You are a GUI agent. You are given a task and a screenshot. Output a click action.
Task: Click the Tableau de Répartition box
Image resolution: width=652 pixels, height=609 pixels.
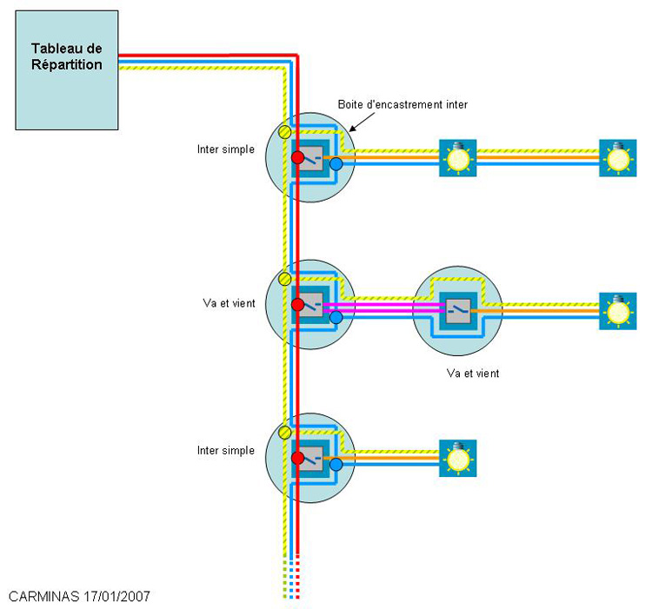[x=66, y=70]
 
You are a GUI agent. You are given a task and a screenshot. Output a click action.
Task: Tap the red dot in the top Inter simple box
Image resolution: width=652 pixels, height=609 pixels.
[x=297, y=158]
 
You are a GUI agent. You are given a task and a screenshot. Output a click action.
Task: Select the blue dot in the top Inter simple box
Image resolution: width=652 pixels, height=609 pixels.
[x=336, y=163]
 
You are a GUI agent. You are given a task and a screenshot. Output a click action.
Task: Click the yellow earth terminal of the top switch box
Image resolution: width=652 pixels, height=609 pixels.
[x=284, y=132]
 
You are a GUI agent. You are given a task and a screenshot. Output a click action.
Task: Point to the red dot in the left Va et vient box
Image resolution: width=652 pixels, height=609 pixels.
[x=297, y=305]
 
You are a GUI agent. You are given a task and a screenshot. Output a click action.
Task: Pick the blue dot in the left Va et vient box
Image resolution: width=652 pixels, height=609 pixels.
[x=336, y=318]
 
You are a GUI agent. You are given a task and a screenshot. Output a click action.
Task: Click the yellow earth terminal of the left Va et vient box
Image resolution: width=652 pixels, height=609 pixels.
[x=284, y=279]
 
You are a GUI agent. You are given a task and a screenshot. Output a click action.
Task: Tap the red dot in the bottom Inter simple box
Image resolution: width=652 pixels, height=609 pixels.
[x=297, y=458]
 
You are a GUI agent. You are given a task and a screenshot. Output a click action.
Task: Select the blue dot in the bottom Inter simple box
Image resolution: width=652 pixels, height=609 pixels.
[x=336, y=464]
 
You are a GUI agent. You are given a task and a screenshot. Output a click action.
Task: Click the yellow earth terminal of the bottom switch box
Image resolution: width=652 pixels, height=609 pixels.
[x=284, y=432]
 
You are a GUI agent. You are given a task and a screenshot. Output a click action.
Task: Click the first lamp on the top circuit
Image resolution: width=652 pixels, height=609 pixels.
[x=457, y=158]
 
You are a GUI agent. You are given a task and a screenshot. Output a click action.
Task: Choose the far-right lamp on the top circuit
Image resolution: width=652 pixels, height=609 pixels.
[x=618, y=158]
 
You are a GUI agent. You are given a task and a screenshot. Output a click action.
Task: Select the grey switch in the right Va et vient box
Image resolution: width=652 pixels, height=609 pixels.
[x=457, y=308]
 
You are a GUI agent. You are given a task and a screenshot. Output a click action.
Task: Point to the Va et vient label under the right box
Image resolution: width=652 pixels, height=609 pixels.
[x=472, y=373]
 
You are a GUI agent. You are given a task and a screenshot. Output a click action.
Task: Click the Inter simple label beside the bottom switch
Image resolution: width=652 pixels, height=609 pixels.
[x=226, y=451]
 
